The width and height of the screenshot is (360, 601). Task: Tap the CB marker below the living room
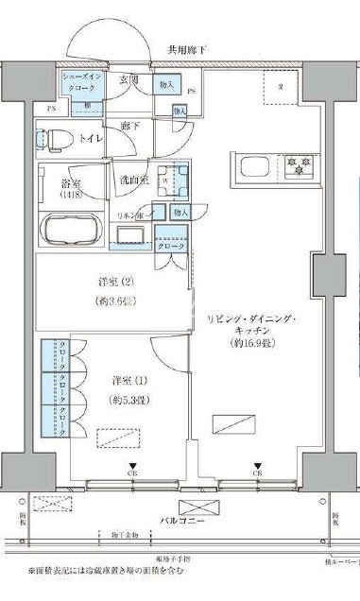[257, 473]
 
